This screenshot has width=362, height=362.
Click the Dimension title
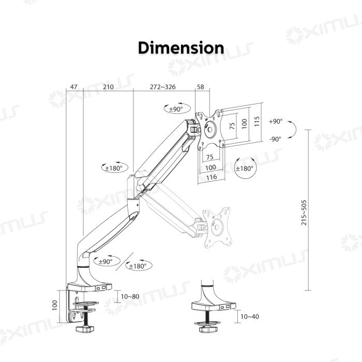tap(181, 48)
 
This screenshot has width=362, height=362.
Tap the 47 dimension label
tap(73, 87)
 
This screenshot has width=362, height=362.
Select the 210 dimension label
tap(108, 87)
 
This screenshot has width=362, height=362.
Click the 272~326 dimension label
tap(163, 87)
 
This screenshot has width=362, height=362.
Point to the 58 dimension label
tap(201, 87)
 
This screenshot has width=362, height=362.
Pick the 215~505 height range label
tap(304, 213)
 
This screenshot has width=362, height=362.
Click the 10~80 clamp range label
tap(130, 296)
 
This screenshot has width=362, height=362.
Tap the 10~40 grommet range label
tap(250, 316)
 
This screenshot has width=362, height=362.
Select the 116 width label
tap(212, 177)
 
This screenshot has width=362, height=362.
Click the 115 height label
tap(257, 122)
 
